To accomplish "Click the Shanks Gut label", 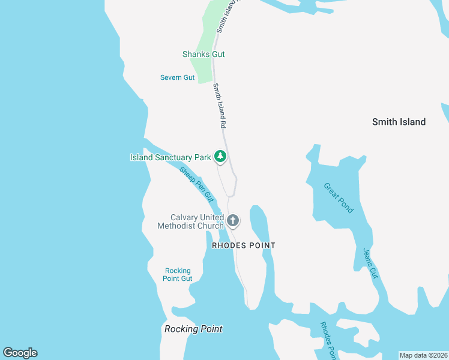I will (203, 54).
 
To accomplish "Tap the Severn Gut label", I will (177, 77).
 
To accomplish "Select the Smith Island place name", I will (399, 122).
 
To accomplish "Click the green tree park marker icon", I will (220, 157).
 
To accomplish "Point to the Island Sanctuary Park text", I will (170, 158).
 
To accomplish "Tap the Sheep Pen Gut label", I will (197, 184).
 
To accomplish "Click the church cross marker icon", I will (233, 221).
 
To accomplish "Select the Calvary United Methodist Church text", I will (190, 221).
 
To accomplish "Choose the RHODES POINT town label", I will (243, 245).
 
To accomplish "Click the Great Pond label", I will (339, 198).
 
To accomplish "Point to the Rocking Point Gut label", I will (178, 274).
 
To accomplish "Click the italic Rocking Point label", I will (193, 329).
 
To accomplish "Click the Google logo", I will (20, 353).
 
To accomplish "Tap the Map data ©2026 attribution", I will (423, 355).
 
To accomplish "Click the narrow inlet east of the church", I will (259, 228).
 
